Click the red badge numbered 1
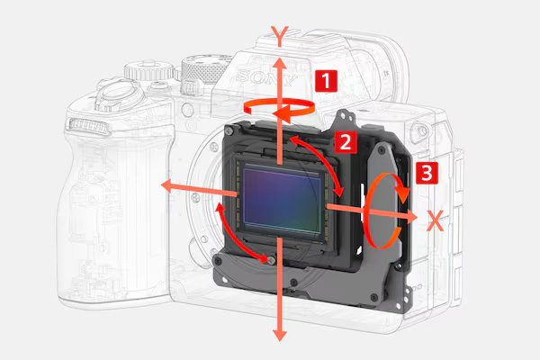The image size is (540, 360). [326, 81]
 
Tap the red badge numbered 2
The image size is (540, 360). [346, 141]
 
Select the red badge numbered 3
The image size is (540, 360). [427, 173]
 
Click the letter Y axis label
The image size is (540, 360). [280, 36]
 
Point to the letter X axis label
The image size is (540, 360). [436, 220]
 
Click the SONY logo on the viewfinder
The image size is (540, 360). [266, 77]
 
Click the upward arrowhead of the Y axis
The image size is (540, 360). [280, 64]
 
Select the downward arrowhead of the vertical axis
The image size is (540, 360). [280, 335]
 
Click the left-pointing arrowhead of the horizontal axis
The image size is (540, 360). [167, 186]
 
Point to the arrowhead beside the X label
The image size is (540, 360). [411, 217]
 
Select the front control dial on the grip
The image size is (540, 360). [89, 126]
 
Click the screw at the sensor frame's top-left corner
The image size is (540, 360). [229, 130]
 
